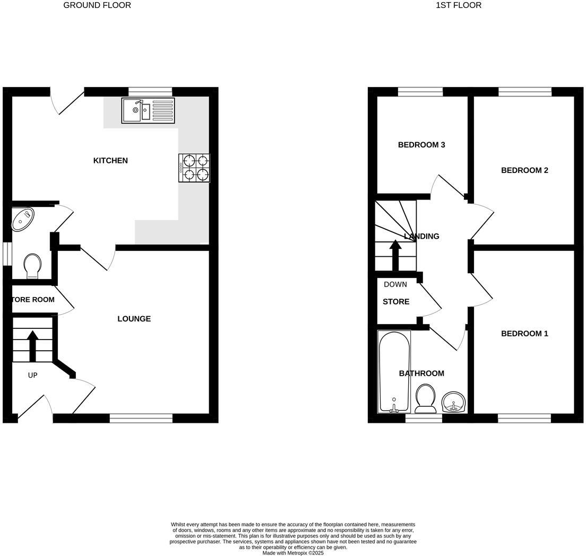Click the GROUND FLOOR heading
pos(97,5)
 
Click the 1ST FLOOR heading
pos(459,5)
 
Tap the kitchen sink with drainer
pos(148,111)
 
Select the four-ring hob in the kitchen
pos(194,168)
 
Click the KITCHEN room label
pos(110,161)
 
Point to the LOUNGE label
pos(134,319)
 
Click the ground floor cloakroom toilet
pos(33,265)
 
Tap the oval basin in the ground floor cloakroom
pos(23,219)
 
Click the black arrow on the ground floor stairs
pos(32,345)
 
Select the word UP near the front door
pos(32,376)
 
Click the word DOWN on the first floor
pos(395,284)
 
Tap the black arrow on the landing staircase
pos(395,255)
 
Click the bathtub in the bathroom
pos(394,371)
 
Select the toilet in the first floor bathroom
pos(426,398)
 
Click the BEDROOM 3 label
pos(421,145)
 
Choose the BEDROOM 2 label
pos(524,170)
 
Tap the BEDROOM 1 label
pos(524,334)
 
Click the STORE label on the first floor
pos(396,302)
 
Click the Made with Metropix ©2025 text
pos(293,553)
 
